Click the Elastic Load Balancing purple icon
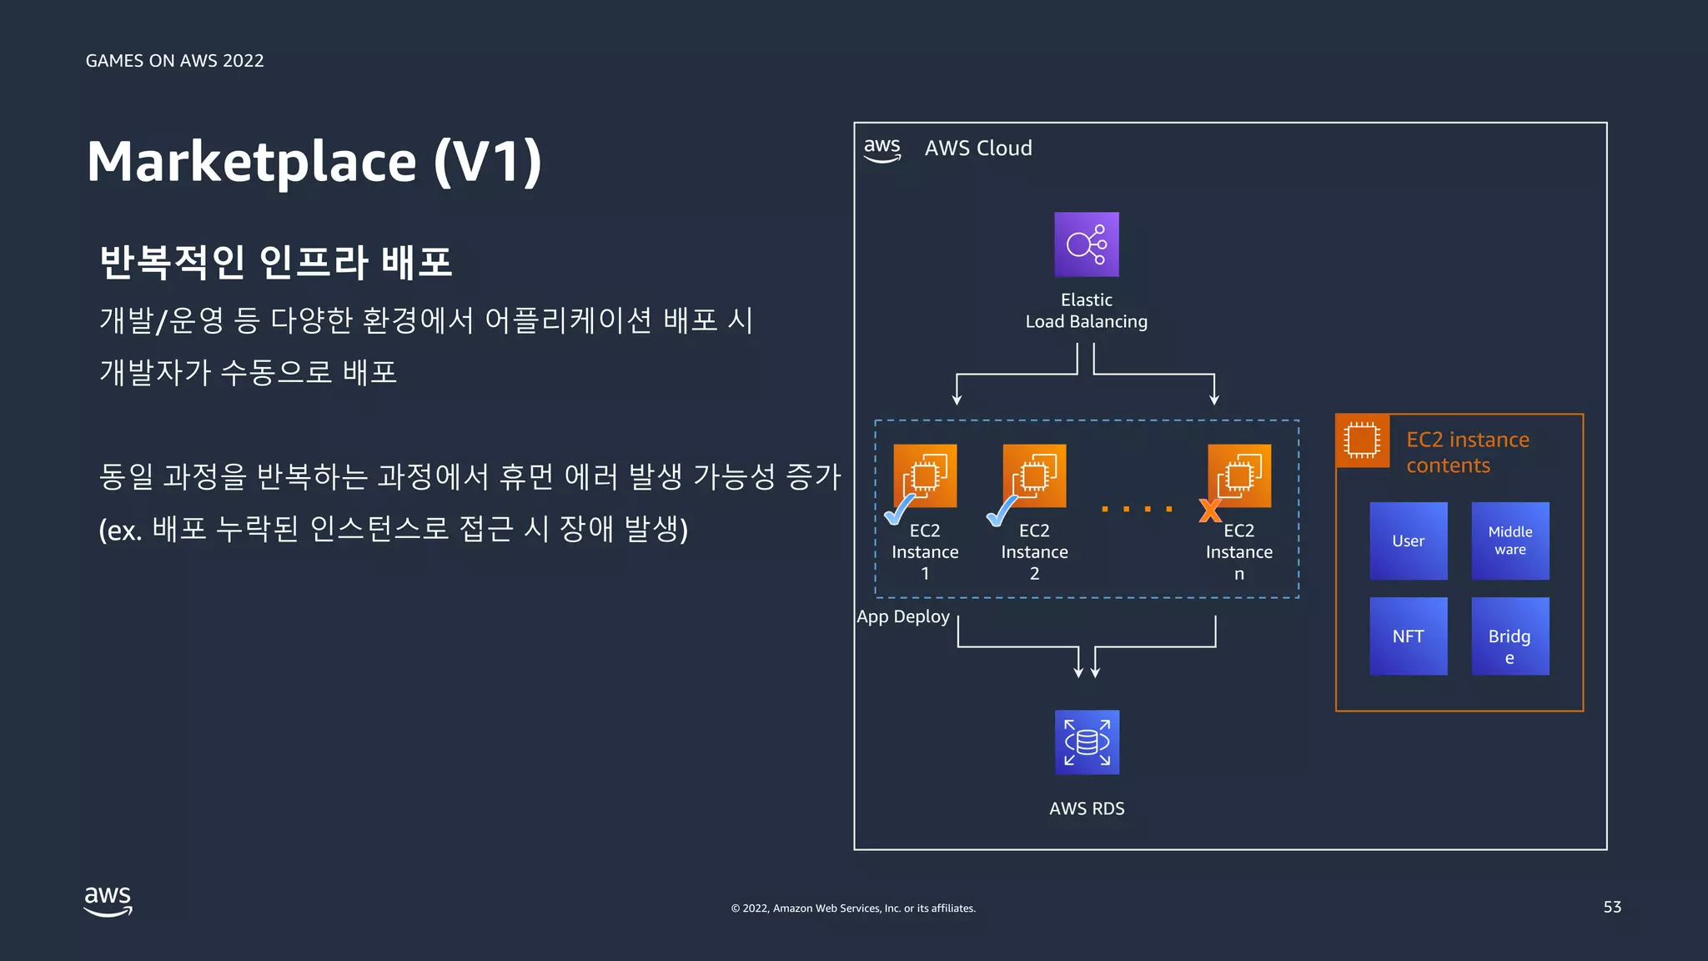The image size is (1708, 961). click(x=1086, y=244)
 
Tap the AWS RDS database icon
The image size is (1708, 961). click(x=1087, y=742)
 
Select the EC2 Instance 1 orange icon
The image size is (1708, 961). click(x=925, y=475)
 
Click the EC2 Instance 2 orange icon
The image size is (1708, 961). click(x=1034, y=475)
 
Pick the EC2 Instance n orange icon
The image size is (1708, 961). click(x=1239, y=475)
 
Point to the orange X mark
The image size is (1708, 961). click(x=1209, y=510)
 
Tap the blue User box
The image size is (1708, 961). click(x=1408, y=541)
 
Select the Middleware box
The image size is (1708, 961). click(x=1510, y=541)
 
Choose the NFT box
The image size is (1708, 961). click(x=1408, y=636)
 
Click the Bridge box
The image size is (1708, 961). click(x=1510, y=636)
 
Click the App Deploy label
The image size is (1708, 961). click(x=903, y=616)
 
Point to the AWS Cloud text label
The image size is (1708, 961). click(x=978, y=148)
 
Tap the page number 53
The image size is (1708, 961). click(x=1611, y=907)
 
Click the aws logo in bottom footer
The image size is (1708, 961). click(x=108, y=901)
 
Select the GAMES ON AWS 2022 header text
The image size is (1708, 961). click(x=174, y=61)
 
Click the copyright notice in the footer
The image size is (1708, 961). click(x=853, y=908)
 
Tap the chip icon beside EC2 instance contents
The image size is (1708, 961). click(x=1362, y=440)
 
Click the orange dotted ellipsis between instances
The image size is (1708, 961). click(x=1137, y=508)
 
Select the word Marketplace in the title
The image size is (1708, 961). click(x=251, y=162)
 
